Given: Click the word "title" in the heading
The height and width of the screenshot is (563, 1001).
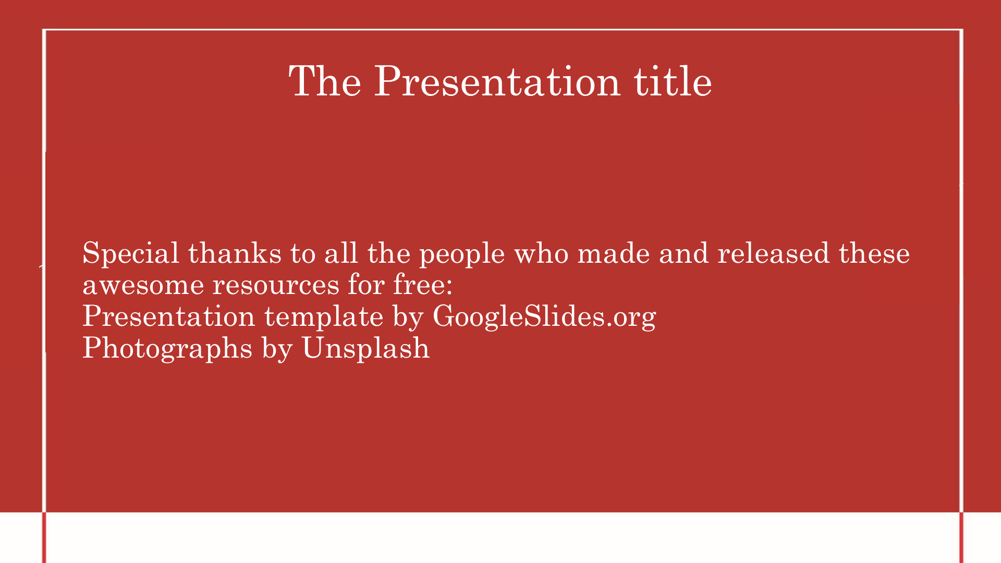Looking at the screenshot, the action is tap(673, 81).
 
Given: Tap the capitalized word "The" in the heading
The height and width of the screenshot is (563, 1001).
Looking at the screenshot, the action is tap(325, 81).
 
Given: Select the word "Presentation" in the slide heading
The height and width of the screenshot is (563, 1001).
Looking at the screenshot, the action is tap(497, 81).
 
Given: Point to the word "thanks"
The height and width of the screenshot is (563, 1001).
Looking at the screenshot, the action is tap(235, 253).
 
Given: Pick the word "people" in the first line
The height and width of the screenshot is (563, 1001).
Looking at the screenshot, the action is tap(462, 255).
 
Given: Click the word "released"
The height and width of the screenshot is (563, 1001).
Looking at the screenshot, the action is tap(774, 253).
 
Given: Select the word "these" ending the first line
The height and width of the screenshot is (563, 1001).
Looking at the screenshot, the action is tap(874, 253).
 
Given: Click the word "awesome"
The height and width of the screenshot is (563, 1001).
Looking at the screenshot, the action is tap(143, 285).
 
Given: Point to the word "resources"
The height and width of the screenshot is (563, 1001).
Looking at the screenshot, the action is tap(276, 285).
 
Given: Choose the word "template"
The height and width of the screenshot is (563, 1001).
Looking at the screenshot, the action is tap(324, 317).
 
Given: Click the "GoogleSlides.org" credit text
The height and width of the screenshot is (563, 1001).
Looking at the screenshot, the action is tap(544, 317).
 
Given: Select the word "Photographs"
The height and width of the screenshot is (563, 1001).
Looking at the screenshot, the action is tap(167, 349).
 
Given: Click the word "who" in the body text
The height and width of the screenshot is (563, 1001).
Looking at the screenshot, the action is tap(541, 253).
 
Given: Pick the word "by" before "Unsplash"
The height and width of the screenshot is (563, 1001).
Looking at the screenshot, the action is tap(277, 349).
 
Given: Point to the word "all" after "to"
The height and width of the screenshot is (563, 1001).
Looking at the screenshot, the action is tap(341, 253).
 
